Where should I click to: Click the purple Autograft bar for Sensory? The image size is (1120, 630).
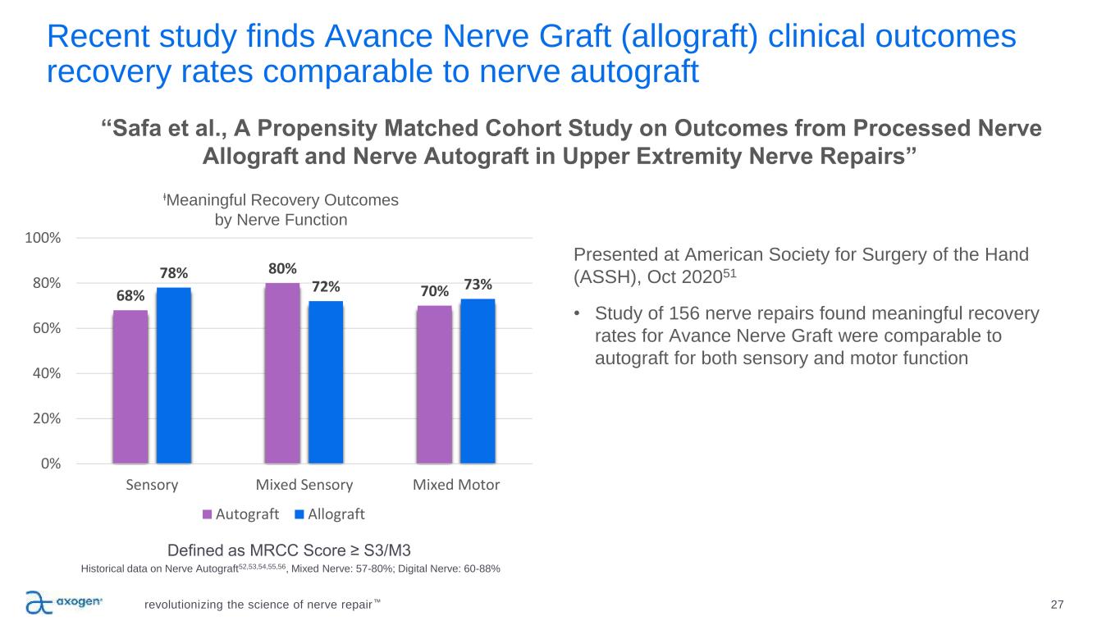pos(130,386)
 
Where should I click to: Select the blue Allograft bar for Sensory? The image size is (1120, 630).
pos(174,375)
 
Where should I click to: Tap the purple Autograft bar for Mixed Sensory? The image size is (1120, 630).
pos(282,373)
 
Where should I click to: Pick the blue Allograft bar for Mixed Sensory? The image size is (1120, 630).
pos(326,382)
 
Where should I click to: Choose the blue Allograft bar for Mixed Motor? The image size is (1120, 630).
pos(478,381)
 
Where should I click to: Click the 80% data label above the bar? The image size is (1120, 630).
pos(281,268)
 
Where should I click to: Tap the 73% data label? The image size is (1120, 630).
pos(478,285)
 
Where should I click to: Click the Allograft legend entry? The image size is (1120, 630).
pos(330,514)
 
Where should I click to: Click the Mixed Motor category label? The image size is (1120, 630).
pos(455,485)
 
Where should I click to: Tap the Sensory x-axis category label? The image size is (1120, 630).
pos(152,485)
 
